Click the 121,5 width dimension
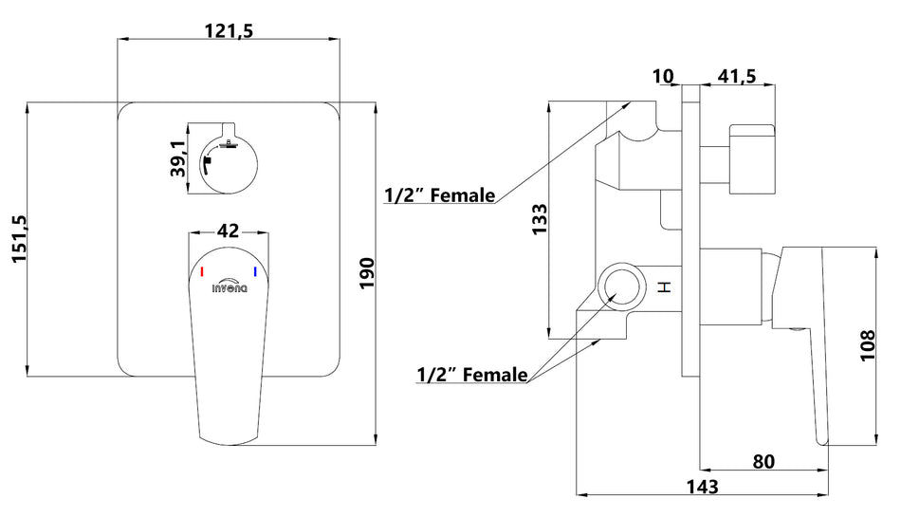tap(228, 31)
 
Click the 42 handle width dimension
tap(228, 231)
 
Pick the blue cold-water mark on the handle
tap(255, 272)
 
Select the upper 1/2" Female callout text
tap(439, 195)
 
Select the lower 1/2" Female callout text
tap(471, 375)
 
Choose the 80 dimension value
tap(764, 462)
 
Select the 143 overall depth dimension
tap(704, 487)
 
